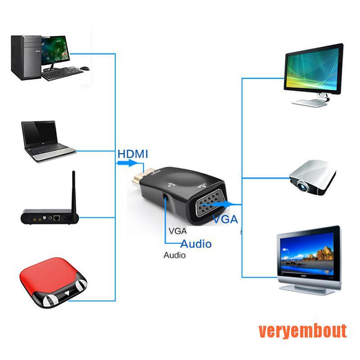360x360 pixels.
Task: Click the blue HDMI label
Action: (x=133, y=153)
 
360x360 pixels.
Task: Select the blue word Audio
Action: (x=196, y=244)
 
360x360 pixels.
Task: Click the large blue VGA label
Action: (x=225, y=219)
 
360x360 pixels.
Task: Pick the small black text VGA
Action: (x=177, y=231)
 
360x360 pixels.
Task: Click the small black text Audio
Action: (x=174, y=255)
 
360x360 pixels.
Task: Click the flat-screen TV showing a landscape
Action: (x=309, y=255)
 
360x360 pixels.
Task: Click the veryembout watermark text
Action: (x=302, y=331)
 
